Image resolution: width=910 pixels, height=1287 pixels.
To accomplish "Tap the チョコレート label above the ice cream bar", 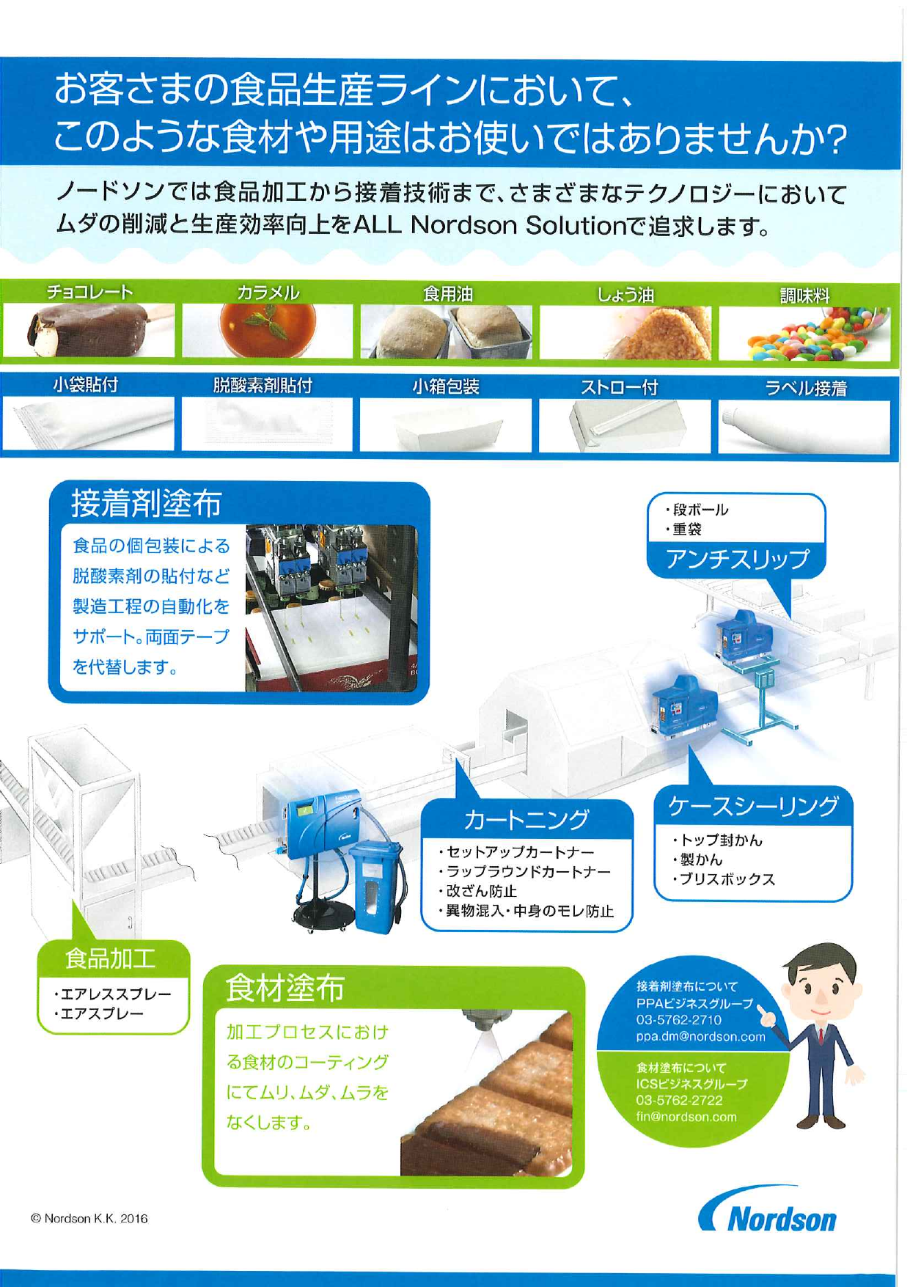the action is click(x=90, y=292).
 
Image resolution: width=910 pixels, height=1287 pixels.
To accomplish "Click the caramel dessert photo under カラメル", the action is click(x=267, y=331).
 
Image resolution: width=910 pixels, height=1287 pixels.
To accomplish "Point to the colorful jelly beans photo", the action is click(x=804, y=334).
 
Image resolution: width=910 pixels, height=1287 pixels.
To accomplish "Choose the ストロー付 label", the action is click(x=620, y=387).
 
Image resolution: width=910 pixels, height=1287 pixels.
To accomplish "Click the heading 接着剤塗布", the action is click(x=147, y=503).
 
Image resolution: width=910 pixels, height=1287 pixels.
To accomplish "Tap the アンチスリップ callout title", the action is click(x=737, y=559).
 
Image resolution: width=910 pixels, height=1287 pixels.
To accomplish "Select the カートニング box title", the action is click(x=526, y=818).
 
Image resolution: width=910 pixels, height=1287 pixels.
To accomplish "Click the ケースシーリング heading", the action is click(x=753, y=806).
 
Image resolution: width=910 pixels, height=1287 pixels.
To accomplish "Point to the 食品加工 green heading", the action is click(x=110, y=958).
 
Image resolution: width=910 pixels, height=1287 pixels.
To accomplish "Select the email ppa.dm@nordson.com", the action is click(x=700, y=1037).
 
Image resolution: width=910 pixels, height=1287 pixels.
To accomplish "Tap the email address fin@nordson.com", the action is click(x=686, y=1117).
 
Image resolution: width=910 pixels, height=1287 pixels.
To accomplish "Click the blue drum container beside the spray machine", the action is click(x=377, y=887).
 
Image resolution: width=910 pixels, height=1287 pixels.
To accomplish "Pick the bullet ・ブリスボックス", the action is click(x=722, y=879).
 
